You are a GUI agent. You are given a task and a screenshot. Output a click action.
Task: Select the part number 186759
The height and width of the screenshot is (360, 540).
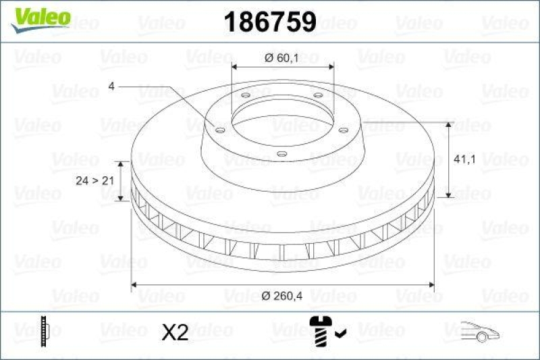coord(270,22)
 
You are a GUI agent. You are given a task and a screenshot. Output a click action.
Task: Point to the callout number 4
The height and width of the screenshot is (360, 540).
coord(111,86)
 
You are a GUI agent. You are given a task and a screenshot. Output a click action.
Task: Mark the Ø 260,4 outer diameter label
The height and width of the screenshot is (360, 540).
coord(283,295)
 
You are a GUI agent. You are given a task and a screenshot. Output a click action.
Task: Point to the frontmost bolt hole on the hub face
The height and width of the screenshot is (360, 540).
coord(282,154)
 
